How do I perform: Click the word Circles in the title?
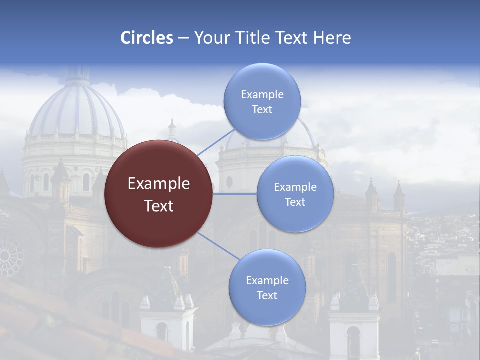tap(147, 38)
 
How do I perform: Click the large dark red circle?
tap(158, 194)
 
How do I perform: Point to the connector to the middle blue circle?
tap(235, 194)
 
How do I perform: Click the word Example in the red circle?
tap(159, 184)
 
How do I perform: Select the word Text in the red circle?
tap(159, 206)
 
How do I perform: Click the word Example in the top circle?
tap(262, 94)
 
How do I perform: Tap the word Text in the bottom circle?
tap(267, 295)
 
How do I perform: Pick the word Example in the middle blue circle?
tap(295, 187)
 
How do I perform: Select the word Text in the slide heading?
tap(290, 38)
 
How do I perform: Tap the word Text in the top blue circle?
tap(262, 109)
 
